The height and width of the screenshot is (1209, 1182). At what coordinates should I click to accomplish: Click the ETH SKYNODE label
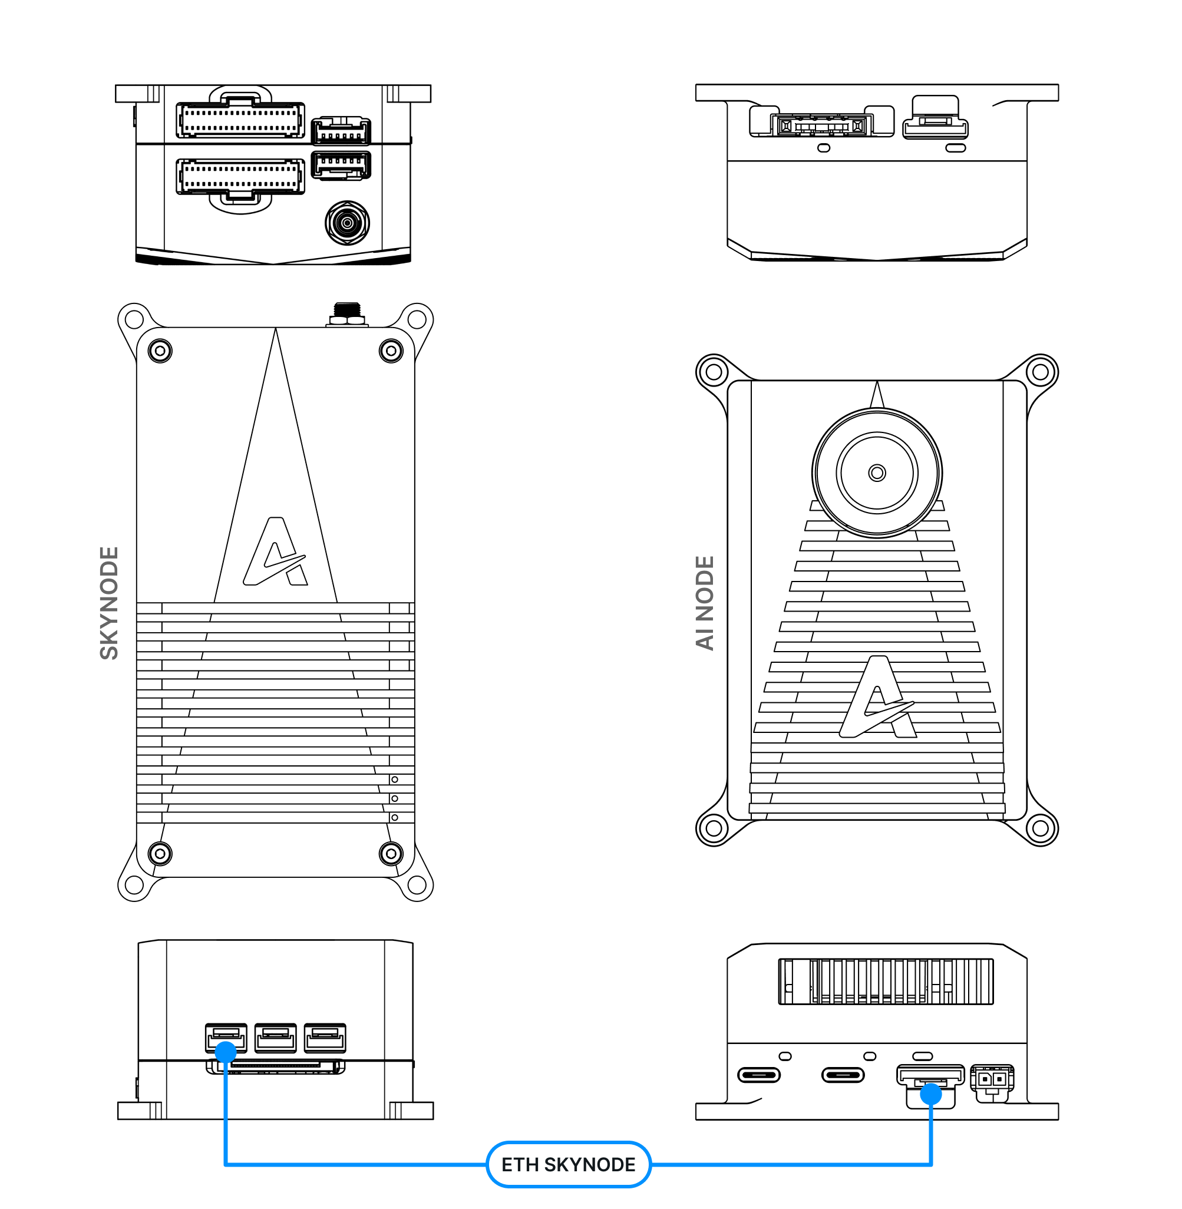coord(568,1165)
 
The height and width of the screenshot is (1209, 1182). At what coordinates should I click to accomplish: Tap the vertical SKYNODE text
coord(109,603)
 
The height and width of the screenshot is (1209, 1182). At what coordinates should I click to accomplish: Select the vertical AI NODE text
coord(705,603)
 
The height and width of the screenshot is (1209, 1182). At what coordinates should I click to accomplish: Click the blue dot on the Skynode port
coord(225,1052)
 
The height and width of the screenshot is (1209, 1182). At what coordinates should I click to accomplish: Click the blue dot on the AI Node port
coord(930,1094)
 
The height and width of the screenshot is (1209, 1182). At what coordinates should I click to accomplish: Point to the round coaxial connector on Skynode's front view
coord(347,222)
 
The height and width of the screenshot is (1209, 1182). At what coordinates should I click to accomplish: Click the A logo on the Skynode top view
coord(276,551)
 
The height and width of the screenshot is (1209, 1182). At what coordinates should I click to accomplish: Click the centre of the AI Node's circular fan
coord(877,473)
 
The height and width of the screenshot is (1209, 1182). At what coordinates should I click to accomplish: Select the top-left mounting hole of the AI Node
coord(714,372)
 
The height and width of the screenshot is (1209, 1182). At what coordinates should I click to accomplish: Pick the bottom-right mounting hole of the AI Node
coord(1041,828)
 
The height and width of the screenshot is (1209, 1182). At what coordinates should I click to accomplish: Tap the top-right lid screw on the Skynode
coord(391,351)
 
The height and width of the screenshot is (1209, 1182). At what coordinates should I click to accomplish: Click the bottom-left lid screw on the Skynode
coord(160,853)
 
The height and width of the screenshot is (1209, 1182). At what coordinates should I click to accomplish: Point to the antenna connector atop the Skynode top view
coord(347,314)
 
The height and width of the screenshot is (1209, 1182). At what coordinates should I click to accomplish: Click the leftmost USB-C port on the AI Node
coord(758,1074)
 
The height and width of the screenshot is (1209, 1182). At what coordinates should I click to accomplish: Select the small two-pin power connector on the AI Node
coord(992,1080)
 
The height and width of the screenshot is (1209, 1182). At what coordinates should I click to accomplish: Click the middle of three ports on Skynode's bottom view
coord(276,1038)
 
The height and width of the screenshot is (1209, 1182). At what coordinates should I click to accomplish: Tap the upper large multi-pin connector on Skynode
coord(240,120)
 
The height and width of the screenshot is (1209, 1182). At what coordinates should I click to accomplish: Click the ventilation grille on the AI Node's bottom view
coord(885,981)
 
